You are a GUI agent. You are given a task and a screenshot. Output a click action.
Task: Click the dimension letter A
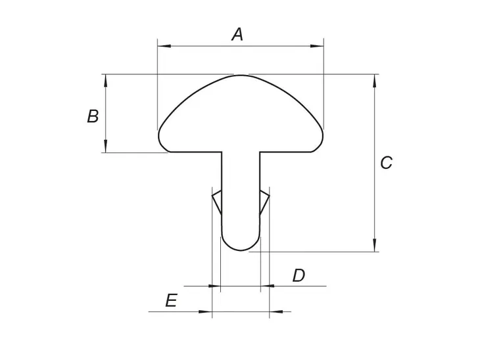pyautogui.click(x=237, y=34)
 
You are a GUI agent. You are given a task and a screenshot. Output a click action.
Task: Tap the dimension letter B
pyautogui.click(x=93, y=116)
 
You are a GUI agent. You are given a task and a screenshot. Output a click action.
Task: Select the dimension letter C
pyautogui.click(x=387, y=163)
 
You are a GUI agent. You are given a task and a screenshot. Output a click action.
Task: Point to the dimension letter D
pyautogui.click(x=299, y=275)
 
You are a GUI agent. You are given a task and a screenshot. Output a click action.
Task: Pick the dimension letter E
pyautogui.click(x=172, y=300)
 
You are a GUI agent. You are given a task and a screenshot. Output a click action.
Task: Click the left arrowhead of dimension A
pyautogui.click(x=164, y=46)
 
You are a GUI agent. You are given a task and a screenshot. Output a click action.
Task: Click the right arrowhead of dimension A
pyautogui.click(x=317, y=46)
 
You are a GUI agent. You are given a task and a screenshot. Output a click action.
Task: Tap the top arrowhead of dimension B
pyautogui.click(x=106, y=81)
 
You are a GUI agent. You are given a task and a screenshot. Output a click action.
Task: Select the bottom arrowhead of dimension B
pyautogui.click(x=106, y=146)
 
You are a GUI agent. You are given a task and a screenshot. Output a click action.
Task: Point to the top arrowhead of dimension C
pyautogui.click(x=374, y=81)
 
